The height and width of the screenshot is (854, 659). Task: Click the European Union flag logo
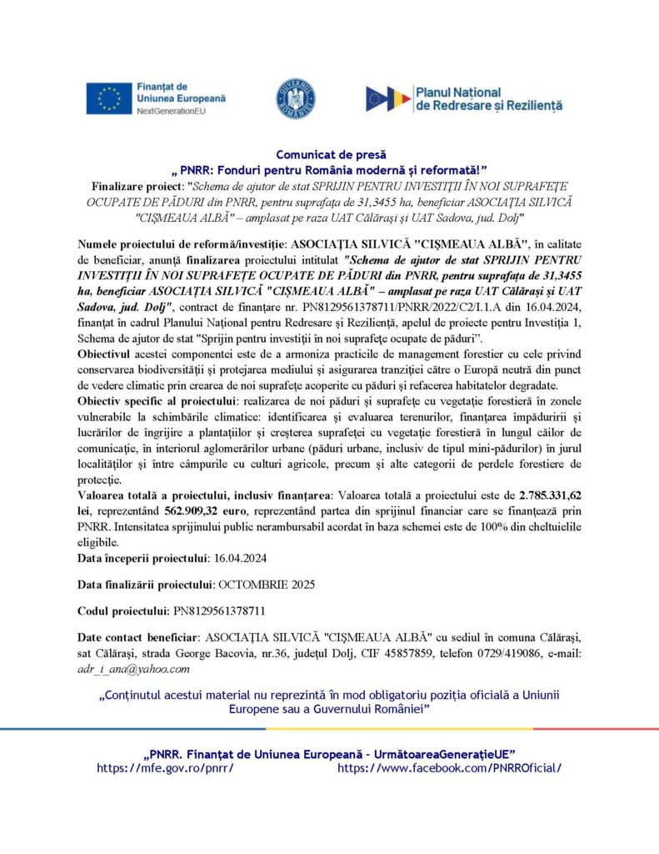coord(108,98)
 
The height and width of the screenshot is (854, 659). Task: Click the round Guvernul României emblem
coord(296,98)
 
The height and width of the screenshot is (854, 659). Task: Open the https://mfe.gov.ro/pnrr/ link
coord(165,767)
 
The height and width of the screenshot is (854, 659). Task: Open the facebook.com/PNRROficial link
coord(449,767)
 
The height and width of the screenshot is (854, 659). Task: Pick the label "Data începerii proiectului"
coord(139,558)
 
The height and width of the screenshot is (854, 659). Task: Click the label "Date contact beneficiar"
coord(138,639)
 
